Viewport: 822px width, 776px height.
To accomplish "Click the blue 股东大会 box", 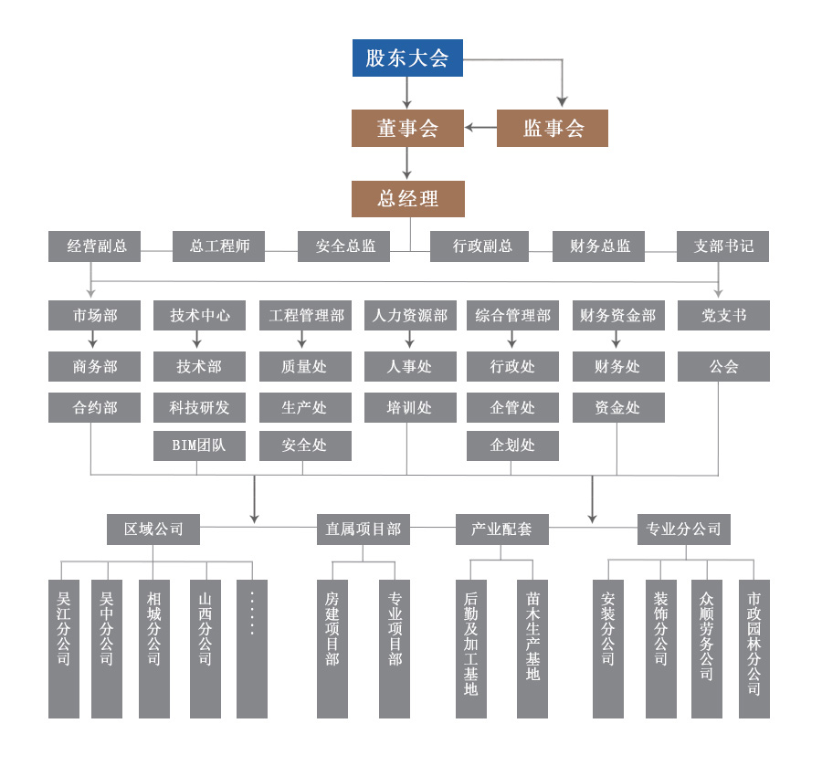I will click(407, 58).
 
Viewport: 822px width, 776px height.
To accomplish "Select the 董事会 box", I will click(407, 129).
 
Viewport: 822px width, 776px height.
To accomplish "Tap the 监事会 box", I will click(552, 129).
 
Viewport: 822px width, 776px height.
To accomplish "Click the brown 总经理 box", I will click(407, 199).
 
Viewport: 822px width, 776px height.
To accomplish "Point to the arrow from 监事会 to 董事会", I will click(479, 128).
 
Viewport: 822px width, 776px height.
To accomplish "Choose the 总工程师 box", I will click(219, 246).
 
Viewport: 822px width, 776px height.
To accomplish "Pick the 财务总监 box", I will click(599, 246).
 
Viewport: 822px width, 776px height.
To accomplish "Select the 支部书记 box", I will click(722, 246).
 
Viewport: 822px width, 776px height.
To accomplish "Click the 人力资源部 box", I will click(410, 316).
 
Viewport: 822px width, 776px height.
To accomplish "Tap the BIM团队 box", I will click(199, 446).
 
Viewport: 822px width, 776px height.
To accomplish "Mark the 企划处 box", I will click(512, 446).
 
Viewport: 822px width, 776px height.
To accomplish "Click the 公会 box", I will click(723, 367).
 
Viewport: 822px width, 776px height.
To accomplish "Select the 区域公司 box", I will click(153, 530).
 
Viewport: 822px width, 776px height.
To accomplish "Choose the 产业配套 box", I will click(501, 530).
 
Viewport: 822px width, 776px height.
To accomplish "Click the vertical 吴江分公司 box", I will click(64, 648).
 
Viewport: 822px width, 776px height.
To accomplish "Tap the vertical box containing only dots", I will click(252, 648).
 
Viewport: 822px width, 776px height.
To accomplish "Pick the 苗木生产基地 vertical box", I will click(532, 648).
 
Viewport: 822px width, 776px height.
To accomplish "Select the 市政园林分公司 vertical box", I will click(754, 648).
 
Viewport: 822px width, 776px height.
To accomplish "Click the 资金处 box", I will click(618, 407).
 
